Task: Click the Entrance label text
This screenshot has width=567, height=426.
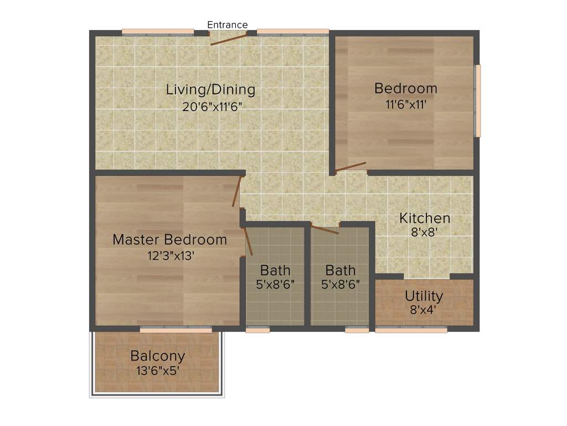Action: (x=227, y=25)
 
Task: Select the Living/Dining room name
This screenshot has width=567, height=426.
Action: (x=210, y=89)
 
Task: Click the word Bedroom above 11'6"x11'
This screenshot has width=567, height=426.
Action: (x=405, y=88)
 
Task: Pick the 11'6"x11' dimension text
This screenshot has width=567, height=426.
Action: (x=406, y=104)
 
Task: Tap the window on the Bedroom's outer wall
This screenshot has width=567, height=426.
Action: (x=478, y=100)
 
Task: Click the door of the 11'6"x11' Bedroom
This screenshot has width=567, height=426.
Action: (x=350, y=167)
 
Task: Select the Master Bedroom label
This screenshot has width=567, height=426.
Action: (x=169, y=240)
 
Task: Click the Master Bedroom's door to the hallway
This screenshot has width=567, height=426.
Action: (x=236, y=191)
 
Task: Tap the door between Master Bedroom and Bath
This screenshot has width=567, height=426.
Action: (x=248, y=242)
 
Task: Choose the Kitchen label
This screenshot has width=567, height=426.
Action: (x=425, y=218)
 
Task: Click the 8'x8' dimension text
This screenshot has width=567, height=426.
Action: (x=425, y=233)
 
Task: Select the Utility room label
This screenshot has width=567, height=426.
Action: (x=424, y=295)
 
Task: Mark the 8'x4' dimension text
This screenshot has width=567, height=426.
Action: (x=424, y=310)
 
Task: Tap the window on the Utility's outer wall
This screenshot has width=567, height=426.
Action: (x=411, y=330)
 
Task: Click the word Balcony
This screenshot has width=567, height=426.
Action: (x=158, y=356)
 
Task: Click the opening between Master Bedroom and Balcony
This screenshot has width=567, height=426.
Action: (x=176, y=330)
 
